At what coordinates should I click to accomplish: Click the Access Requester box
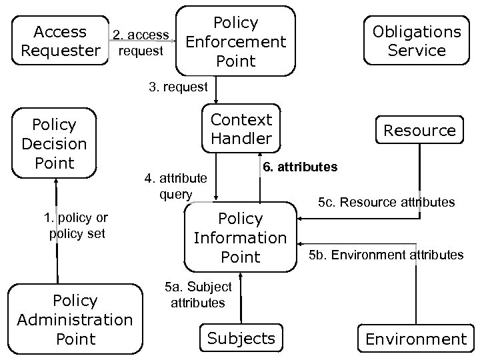point(61,41)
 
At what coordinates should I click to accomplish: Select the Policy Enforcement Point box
point(236,41)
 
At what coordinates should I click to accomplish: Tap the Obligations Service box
point(417,41)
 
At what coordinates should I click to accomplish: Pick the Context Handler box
point(241,129)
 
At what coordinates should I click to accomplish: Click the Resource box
point(419,130)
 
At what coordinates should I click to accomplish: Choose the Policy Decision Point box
point(54,144)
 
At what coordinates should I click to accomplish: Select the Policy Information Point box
point(240,237)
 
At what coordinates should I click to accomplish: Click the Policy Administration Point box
point(75,319)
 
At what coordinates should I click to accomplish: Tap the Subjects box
point(241,338)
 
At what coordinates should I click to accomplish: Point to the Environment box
point(416,339)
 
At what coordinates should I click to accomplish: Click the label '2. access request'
point(140,43)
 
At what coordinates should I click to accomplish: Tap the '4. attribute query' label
point(176,186)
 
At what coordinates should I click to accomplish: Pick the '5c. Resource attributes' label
point(386,201)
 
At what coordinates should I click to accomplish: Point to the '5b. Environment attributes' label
point(386,255)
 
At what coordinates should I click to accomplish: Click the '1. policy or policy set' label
point(76,225)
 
